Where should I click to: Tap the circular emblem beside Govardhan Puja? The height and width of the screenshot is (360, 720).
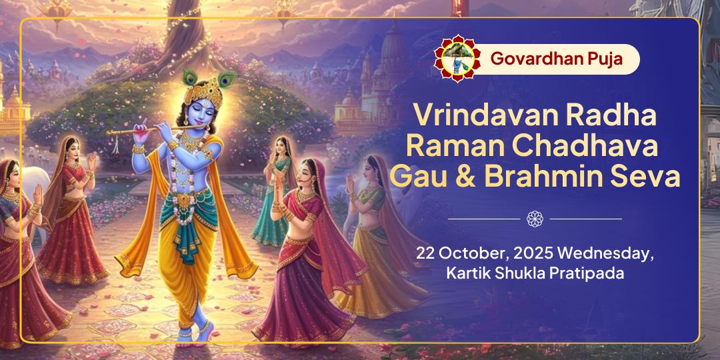457,59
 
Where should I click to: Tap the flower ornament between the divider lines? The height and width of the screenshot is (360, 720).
535,219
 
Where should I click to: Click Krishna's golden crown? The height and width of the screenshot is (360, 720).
203,89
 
